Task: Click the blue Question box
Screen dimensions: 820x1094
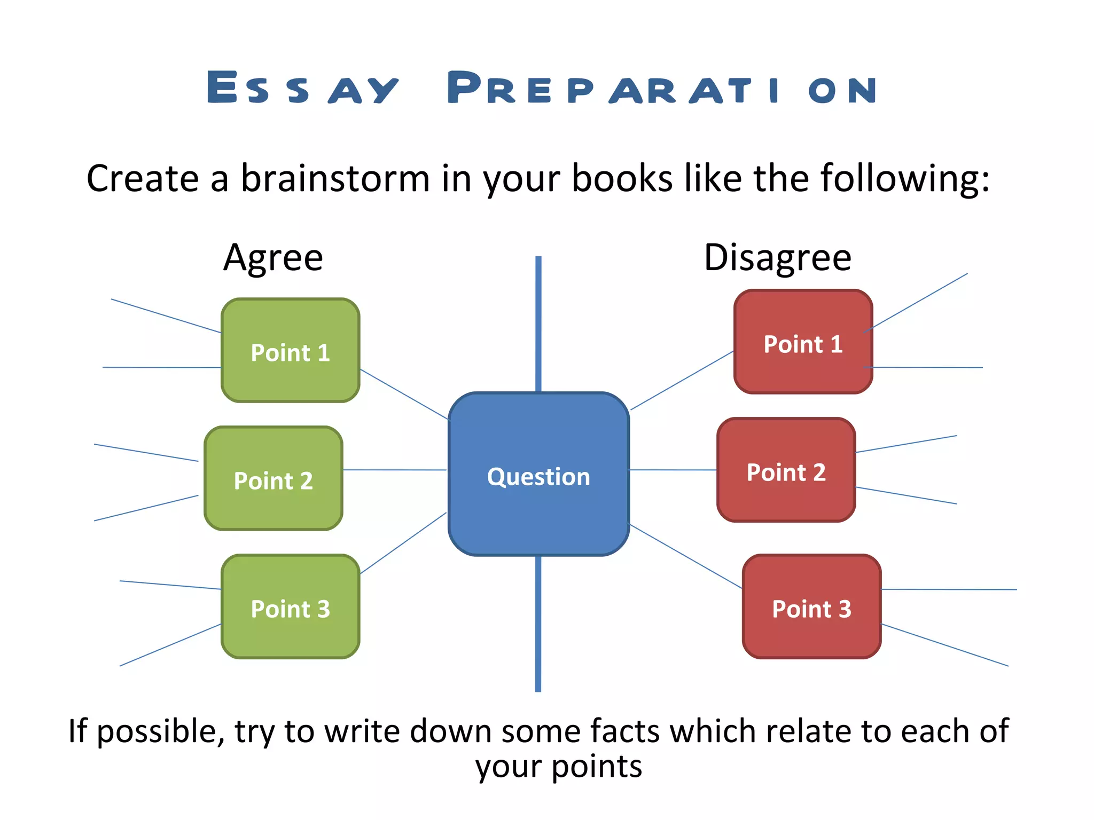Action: tap(538, 475)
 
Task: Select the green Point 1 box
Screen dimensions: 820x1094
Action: tap(291, 351)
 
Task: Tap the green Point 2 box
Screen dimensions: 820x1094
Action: tap(273, 479)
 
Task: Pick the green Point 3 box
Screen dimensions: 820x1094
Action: tap(291, 607)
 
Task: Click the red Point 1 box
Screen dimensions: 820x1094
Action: tap(803, 342)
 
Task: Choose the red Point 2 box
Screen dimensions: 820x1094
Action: tap(786, 470)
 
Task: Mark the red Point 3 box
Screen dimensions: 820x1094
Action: tap(811, 607)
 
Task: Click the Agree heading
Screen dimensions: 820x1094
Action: tap(273, 258)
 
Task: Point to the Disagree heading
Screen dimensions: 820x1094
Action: tap(777, 258)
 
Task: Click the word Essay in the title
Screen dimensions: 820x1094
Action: tap(302, 88)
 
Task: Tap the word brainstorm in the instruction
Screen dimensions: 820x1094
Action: tap(335, 178)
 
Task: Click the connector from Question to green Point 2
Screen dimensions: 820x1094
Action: tap(394, 470)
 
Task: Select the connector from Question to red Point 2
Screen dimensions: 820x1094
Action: tap(673, 470)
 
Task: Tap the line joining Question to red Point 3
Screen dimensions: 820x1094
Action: tap(686, 557)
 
